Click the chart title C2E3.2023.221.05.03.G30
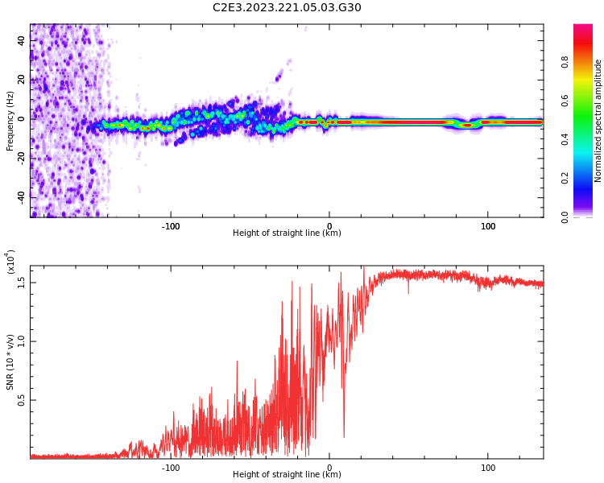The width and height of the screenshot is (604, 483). [287, 7]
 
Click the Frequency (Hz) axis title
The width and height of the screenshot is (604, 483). [10, 121]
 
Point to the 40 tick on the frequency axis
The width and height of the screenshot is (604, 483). [22, 40]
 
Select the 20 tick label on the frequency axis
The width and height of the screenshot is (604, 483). [22, 80]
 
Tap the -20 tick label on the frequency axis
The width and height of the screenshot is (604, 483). [20, 158]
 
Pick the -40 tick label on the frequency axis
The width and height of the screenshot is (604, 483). [20, 196]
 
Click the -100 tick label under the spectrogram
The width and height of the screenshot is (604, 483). [170, 226]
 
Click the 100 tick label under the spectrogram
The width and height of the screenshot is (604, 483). [488, 226]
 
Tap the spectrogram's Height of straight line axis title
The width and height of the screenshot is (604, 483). [287, 233]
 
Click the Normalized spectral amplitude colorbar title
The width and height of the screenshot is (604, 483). [598, 121]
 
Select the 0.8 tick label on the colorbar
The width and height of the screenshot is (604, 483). [565, 61]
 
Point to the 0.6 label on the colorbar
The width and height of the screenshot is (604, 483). [565, 100]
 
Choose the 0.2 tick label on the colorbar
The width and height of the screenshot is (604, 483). [565, 178]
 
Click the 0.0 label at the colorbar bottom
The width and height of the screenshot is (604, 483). [565, 217]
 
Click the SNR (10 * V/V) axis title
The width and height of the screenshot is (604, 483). [10, 362]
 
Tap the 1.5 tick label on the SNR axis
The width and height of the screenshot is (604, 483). [22, 282]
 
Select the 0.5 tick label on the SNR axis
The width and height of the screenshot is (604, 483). [22, 399]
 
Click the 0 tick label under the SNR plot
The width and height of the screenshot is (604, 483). [329, 468]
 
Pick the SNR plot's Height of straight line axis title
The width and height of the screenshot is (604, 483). [287, 475]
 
